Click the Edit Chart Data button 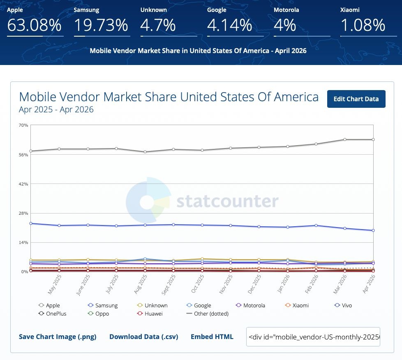(356, 99)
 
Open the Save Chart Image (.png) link (58, 337)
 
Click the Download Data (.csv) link (144, 337)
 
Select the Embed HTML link (212, 337)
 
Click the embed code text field (313, 337)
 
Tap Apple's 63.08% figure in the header (35, 25)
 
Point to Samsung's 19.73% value (101, 25)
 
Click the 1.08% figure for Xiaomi (363, 25)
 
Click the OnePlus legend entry (53, 314)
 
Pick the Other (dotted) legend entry (208, 314)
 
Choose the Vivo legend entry (343, 305)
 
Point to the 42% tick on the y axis (23, 184)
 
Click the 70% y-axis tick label (23, 125)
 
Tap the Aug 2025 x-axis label (141, 284)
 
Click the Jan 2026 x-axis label (283, 284)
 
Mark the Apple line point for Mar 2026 (345, 139)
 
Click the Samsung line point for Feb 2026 (316, 225)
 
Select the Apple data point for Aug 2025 (145, 152)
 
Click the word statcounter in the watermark (227, 201)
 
